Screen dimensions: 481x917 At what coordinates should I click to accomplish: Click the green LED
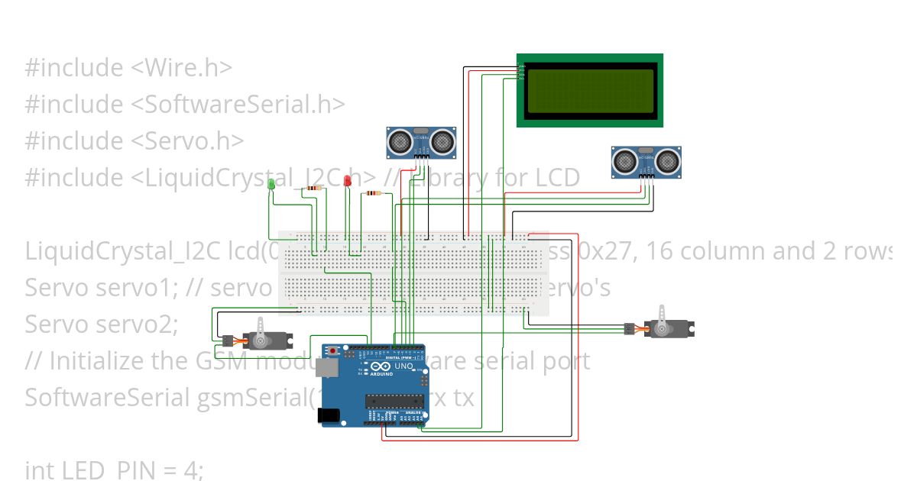pyautogui.click(x=271, y=183)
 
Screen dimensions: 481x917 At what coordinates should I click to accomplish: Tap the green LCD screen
pyautogui.click(x=589, y=90)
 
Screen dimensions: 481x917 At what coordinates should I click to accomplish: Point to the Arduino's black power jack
pyautogui.click(x=329, y=415)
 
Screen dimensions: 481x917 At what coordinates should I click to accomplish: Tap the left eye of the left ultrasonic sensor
pyautogui.click(x=399, y=140)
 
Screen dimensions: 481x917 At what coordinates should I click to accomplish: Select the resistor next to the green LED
pyautogui.click(x=313, y=187)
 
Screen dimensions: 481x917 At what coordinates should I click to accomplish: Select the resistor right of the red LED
pyautogui.click(x=372, y=193)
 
